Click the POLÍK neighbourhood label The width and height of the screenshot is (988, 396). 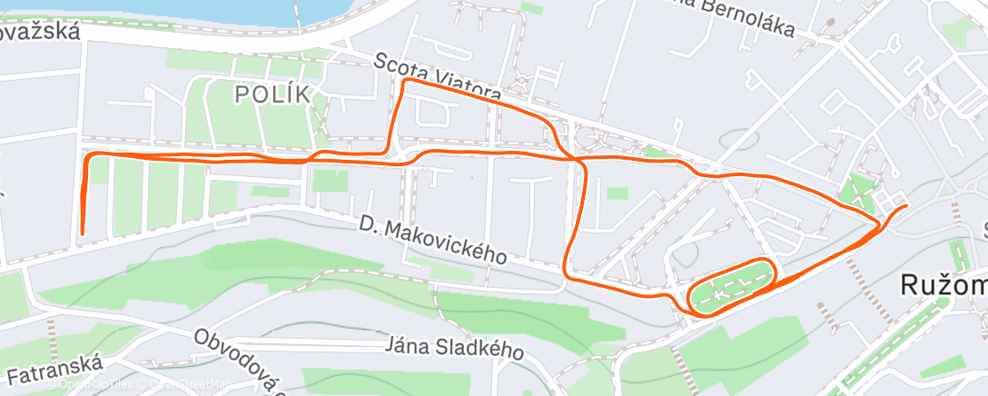coord(272,94)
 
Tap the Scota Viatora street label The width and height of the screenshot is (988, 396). coord(437,78)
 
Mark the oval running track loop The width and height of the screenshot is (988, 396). coord(732,286)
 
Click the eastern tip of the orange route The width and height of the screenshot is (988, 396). coord(905,207)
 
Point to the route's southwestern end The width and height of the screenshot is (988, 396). coord(82,233)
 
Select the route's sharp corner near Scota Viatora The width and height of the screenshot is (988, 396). coord(405,82)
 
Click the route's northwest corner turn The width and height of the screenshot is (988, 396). coord(88,157)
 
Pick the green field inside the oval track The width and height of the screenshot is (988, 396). coord(731,287)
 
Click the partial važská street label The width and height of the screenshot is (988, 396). coord(40,32)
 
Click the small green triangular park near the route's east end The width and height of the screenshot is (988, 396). coord(856,193)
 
